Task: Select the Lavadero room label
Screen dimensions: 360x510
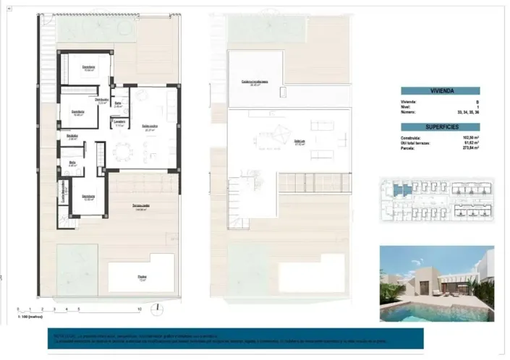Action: coord(119,122)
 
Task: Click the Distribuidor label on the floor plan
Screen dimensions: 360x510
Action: coord(101,100)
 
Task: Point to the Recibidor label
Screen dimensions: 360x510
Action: coord(72,137)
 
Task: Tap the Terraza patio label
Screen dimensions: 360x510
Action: coord(141,207)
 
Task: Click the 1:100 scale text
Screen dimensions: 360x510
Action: coord(30,316)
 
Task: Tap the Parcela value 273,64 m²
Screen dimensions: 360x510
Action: coord(468,147)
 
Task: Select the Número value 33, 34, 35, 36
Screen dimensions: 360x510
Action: coord(467,113)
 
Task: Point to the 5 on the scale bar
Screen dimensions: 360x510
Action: coord(80,309)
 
